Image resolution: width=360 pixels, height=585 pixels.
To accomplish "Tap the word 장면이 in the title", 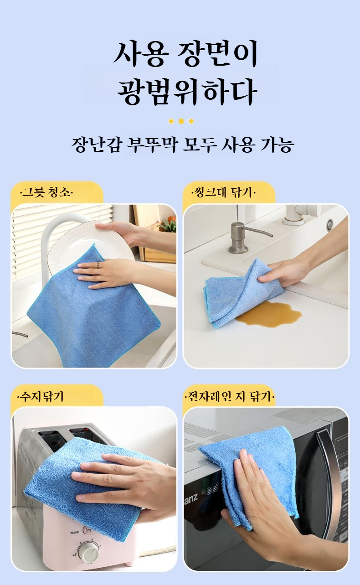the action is coord(217,55).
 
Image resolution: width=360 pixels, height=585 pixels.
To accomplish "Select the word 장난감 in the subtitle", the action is coord(96,145).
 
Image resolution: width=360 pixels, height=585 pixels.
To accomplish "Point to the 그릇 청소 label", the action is coord(46,193).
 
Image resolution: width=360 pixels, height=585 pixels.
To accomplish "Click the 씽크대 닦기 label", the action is coord(223,193).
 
